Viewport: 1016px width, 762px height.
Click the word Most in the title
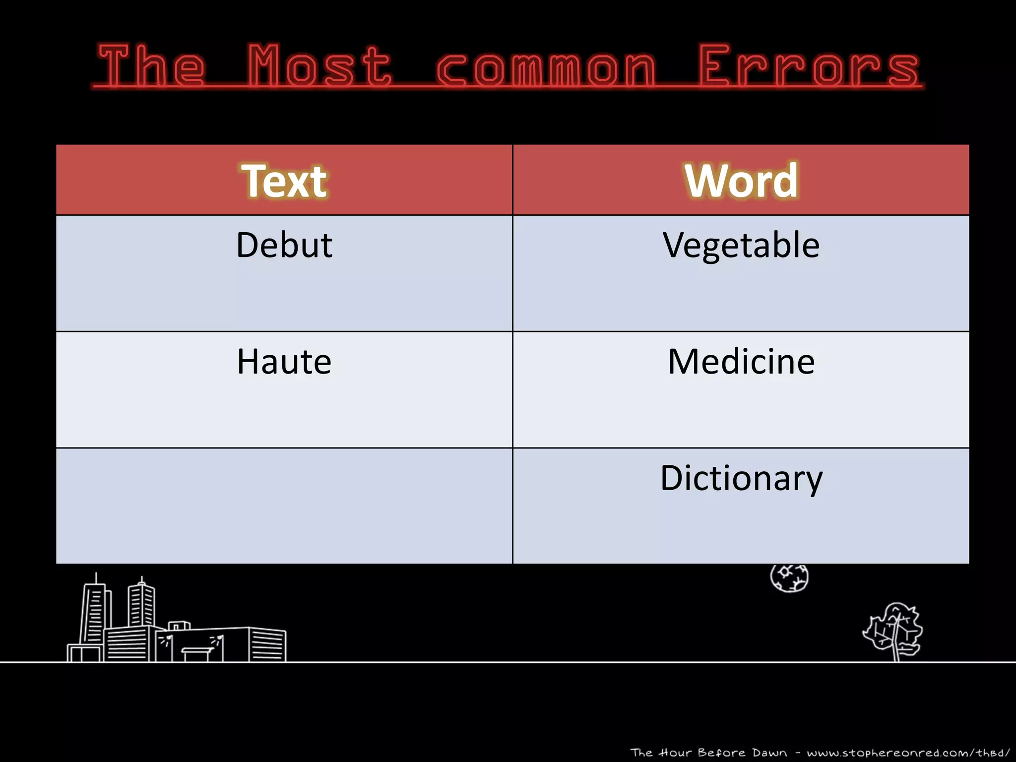click(320, 65)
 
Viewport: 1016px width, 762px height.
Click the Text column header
click(284, 181)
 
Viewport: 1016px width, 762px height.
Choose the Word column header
click(741, 181)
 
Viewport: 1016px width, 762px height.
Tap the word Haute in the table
click(284, 361)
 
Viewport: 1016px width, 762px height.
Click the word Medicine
click(741, 361)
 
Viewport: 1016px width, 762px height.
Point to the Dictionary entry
click(741, 478)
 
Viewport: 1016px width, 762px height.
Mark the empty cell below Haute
click(284, 506)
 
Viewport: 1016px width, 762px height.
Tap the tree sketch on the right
click(893, 630)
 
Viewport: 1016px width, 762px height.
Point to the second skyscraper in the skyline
click(142, 605)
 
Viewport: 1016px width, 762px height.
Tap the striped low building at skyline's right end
click(267, 645)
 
